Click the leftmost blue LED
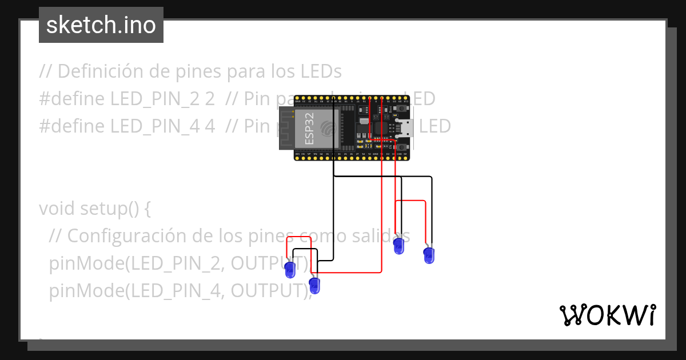click(x=290, y=269)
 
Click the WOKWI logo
click(x=607, y=315)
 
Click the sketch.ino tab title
click(x=101, y=25)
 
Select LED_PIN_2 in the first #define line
click(x=163, y=99)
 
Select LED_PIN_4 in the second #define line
click(x=163, y=126)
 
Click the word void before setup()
click(x=55, y=208)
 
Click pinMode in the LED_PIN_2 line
click(x=84, y=263)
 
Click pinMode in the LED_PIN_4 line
click(x=84, y=290)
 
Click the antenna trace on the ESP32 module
click(x=286, y=130)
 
